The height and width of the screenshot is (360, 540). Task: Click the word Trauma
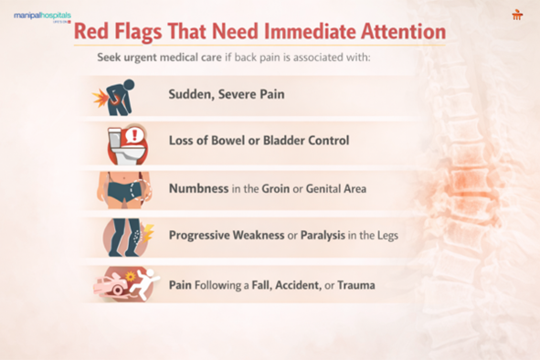click(x=356, y=285)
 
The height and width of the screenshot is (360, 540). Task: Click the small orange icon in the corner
click(x=517, y=15)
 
